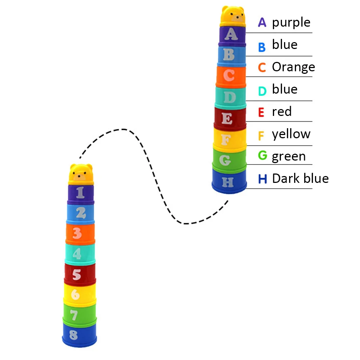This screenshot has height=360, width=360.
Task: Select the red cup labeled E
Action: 230,119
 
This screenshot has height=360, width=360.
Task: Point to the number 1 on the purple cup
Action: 80,192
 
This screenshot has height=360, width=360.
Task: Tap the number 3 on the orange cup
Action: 77,233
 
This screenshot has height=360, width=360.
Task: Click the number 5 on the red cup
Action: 76,275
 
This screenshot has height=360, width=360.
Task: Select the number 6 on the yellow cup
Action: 75,294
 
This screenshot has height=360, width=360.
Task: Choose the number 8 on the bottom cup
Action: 73,335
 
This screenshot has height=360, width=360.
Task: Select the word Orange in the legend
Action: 293,67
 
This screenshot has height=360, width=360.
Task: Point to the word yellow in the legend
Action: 291,134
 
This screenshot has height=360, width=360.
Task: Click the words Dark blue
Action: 300,179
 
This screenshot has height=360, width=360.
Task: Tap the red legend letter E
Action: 261,112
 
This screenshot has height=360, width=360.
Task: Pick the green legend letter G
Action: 263,156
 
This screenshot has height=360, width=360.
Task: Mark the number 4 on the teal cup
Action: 77,254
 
